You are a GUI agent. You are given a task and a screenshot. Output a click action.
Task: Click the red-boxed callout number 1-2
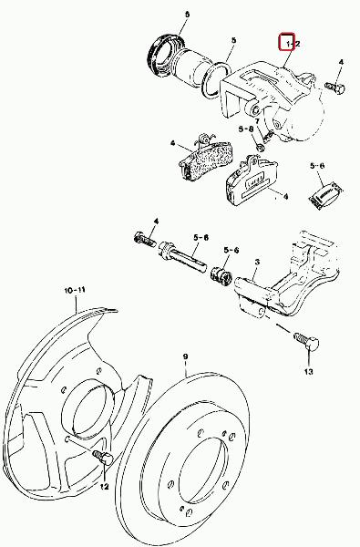(x=292, y=44)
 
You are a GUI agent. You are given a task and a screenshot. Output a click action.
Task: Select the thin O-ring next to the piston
(x=216, y=80)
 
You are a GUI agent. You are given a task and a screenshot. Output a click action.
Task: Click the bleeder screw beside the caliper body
(x=334, y=87)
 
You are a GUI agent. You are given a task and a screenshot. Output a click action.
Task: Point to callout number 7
(x=256, y=121)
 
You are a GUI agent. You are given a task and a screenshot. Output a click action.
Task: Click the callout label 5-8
(x=245, y=129)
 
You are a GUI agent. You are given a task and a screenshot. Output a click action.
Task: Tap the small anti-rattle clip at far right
(x=325, y=196)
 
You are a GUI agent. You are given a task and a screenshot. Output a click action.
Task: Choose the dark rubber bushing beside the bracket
(x=221, y=275)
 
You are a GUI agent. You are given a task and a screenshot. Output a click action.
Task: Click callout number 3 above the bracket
(x=257, y=261)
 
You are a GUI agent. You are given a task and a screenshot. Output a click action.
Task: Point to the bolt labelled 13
(x=305, y=340)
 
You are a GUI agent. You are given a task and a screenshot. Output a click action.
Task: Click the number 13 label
(x=308, y=372)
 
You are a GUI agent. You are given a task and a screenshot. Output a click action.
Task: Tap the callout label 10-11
(x=75, y=290)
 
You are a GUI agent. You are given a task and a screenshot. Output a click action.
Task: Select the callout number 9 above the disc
(x=186, y=356)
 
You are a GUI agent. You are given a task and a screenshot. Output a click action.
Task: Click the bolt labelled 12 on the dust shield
(x=102, y=457)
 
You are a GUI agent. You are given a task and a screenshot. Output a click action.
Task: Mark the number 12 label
(x=104, y=487)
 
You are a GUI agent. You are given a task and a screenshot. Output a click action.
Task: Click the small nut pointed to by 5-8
(x=261, y=148)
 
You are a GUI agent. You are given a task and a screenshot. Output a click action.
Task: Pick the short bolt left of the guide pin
(x=144, y=239)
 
